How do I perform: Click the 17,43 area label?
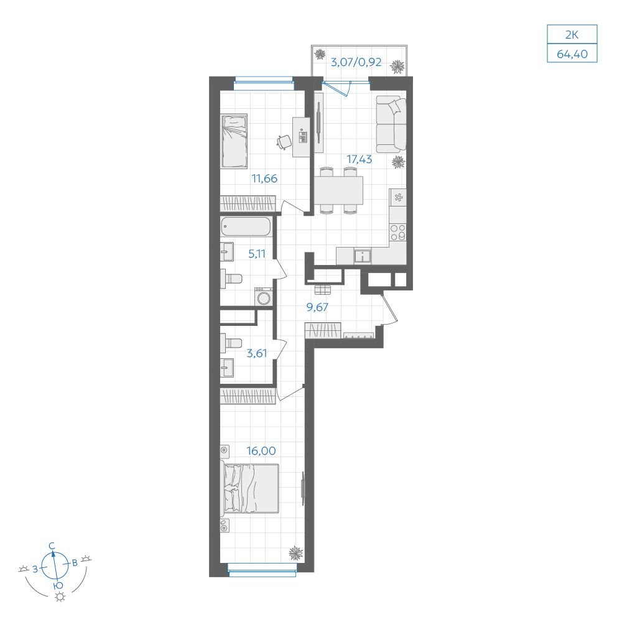pyautogui.click(x=359, y=159)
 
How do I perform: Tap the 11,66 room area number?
pyautogui.click(x=264, y=179)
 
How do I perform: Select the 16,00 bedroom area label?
pyautogui.click(x=261, y=450)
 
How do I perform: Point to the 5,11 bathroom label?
pyautogui.click(x=257, y=254)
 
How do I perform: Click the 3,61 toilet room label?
pyautogui.click(x=257, y=353)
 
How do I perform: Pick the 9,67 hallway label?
pyautogui.click(x=317, y=307)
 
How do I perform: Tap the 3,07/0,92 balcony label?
pyautogui.click(x=356, y=62)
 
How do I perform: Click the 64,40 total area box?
pyautogui.click(x=572, y=53)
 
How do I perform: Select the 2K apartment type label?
pyautogui.click(x=572, y=35)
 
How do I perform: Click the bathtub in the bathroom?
pyautogui.click(x=246, y=226)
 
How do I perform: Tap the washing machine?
pyautogui.click(x=263, y=297)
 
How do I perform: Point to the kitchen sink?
pyautogui.click(x=363, y=256)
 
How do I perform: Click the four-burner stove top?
pyautogui.click(x=397, y=232)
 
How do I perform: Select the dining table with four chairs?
pyautogui.click(x=339, y=190)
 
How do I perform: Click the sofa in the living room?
pyautogui.click(x=391, y=124)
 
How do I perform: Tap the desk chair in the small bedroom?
pyautogui.click(x=283, y=142)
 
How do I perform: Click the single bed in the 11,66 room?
pyautogui.click(x=234, y=141)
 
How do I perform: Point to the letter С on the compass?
pyautogui.click(x=52, y=546)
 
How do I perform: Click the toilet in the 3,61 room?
pyautogui.click(x=231, y=342)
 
